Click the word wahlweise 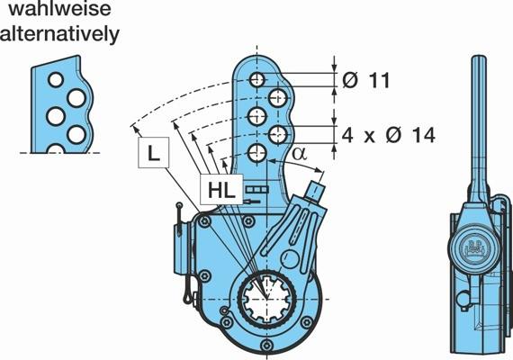(59, 9)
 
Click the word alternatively (59, 33)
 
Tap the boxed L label (153, 152)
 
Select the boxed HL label (221, 190)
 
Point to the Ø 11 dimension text (366, 80)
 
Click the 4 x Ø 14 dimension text (388, 134)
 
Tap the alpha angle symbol (300, 153)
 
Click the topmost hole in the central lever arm (257, 79)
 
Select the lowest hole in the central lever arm (256, 152)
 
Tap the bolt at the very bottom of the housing (267, 345)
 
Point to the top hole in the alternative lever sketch (56, 79)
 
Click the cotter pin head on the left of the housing (179, 206)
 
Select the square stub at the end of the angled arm (315, 190)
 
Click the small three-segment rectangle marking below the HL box (257, 189)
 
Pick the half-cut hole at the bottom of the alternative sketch (56, 148)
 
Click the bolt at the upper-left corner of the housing (205, 221)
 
